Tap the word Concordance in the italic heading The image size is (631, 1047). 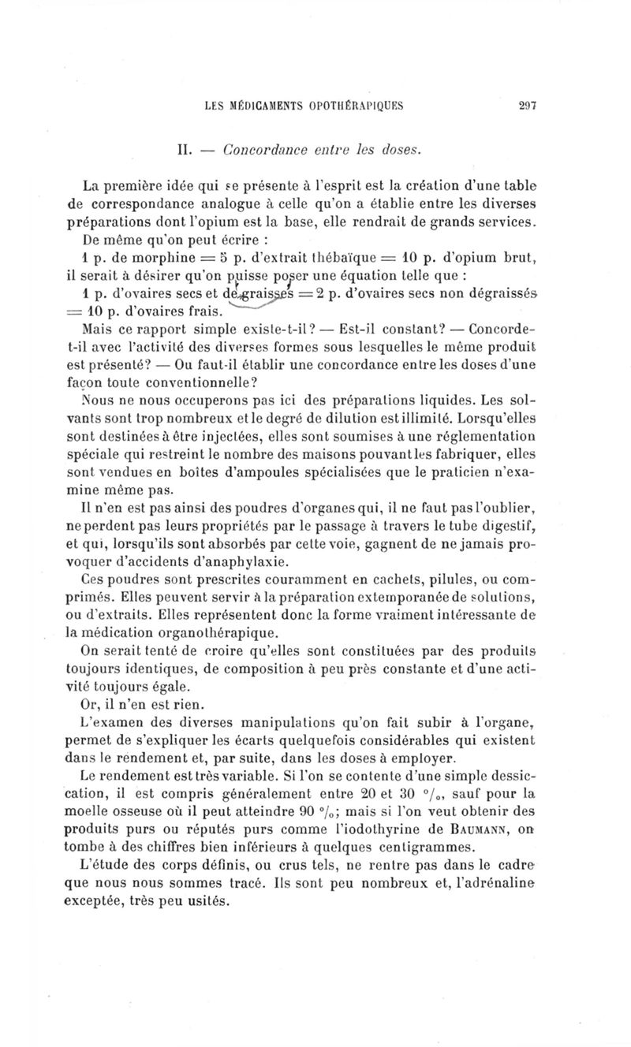click(265, 147)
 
